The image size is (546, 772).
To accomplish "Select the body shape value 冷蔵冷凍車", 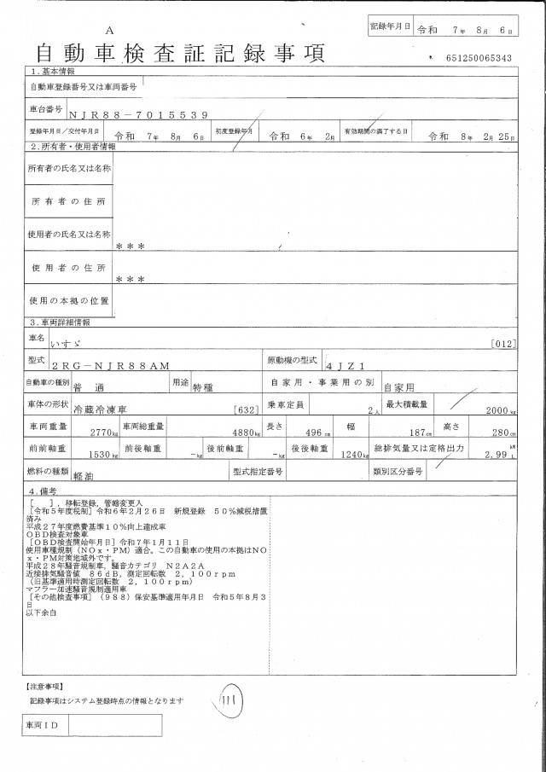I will (x=100, y=409).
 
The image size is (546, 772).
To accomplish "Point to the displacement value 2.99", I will (x=500, y=456).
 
